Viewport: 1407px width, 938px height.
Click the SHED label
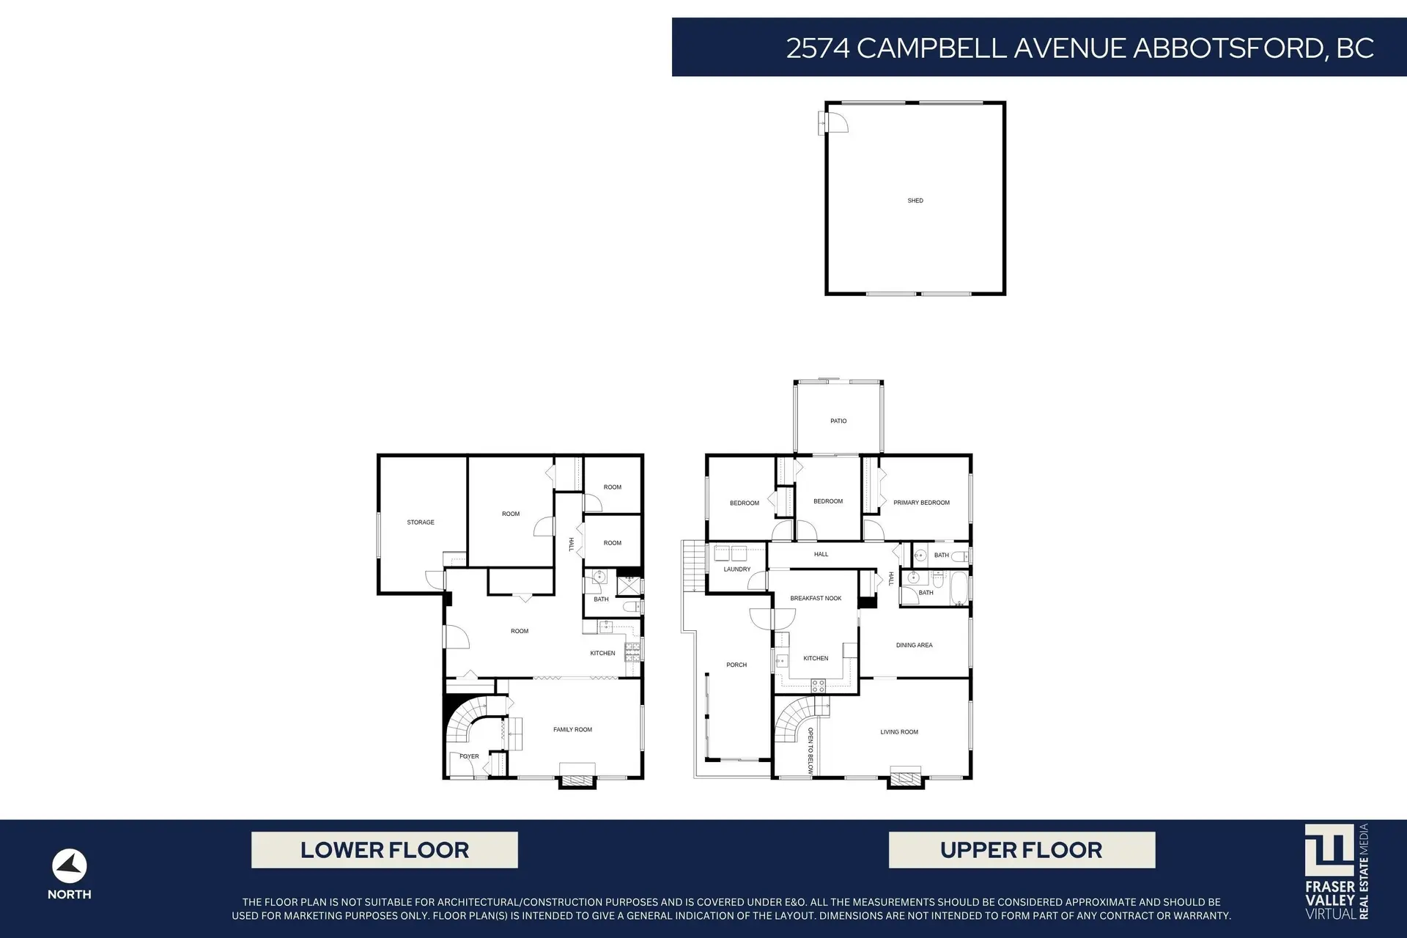pyautogui.click(x=915, y=200)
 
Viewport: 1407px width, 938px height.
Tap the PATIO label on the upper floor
pyautogui.click(x=838, y=421)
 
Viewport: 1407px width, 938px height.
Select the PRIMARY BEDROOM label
pyautogui.click(x=921, y=503)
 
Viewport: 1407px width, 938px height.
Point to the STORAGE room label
pyautogui.click(x=421, y=522)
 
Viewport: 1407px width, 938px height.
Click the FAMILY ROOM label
pyautogui.click(x=572, y=730)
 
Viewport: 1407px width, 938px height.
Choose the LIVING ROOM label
pyautogui.click(x=899, y=732)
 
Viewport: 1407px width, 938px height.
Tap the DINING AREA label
pyautogui.click(x=914, y=646)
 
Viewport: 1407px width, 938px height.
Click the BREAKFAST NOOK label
pyautogui.click(x=816, y=599)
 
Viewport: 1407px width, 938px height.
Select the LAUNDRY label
pyautogui.click(x=737, y=569)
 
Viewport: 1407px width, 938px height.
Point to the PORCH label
pyautogui.click(x=736, y=665)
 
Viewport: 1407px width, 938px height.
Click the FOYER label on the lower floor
pyautogui.click(x=469, y=756)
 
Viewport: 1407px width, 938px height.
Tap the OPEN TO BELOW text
pyautogui.click(x=810, y=751)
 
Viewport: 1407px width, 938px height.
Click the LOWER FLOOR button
pyautogui.click(x=385, y=850)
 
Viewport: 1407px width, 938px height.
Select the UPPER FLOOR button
pyautogui.click(x=1022, y=850)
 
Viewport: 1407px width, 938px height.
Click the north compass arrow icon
pyautogui.click(x=70, y=867)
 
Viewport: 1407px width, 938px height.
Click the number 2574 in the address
pyautogui.click(x=818, y=48)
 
